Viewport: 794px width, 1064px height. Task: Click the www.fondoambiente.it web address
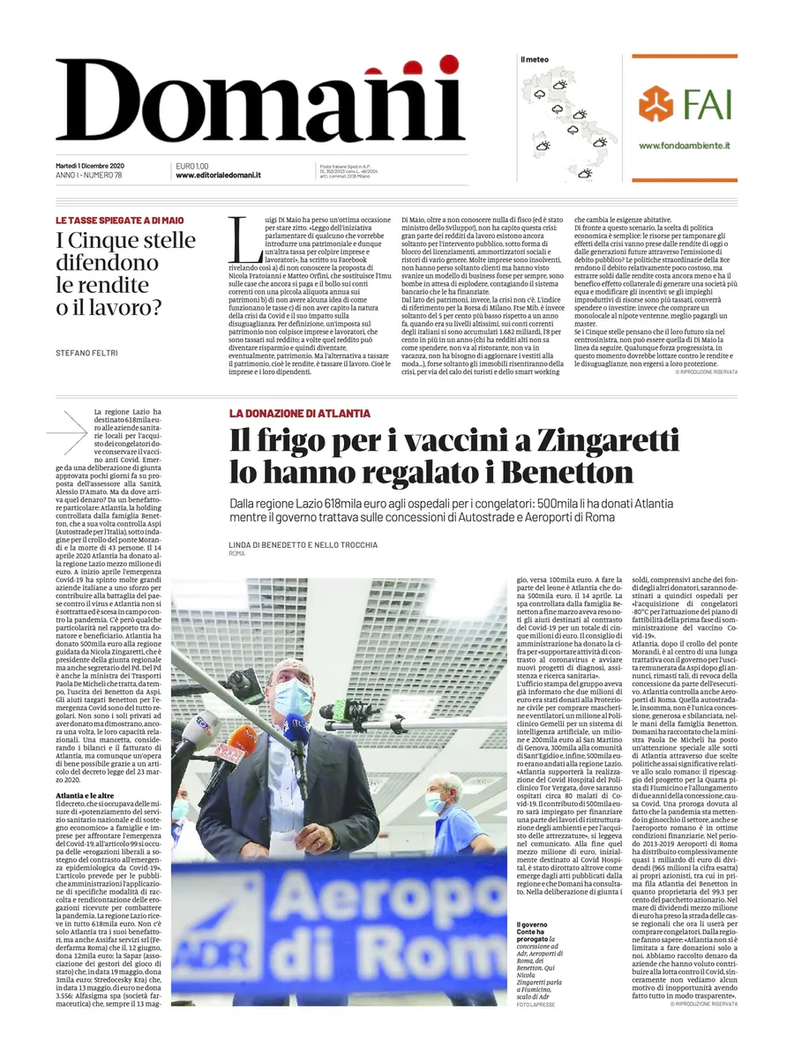(x=684, y=146)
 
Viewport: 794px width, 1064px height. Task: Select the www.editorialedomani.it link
(x=218, y=175)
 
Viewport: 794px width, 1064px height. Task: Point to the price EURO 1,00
(x=192, y=166)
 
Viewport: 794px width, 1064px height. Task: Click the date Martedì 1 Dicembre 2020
(x=89, y=166)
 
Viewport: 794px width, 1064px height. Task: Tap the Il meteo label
(x=534, y=60)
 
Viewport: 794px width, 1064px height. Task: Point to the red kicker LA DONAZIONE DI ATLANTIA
(x=299, y=413)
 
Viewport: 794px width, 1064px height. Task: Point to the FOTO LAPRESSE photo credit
(x=536, y=1004)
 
